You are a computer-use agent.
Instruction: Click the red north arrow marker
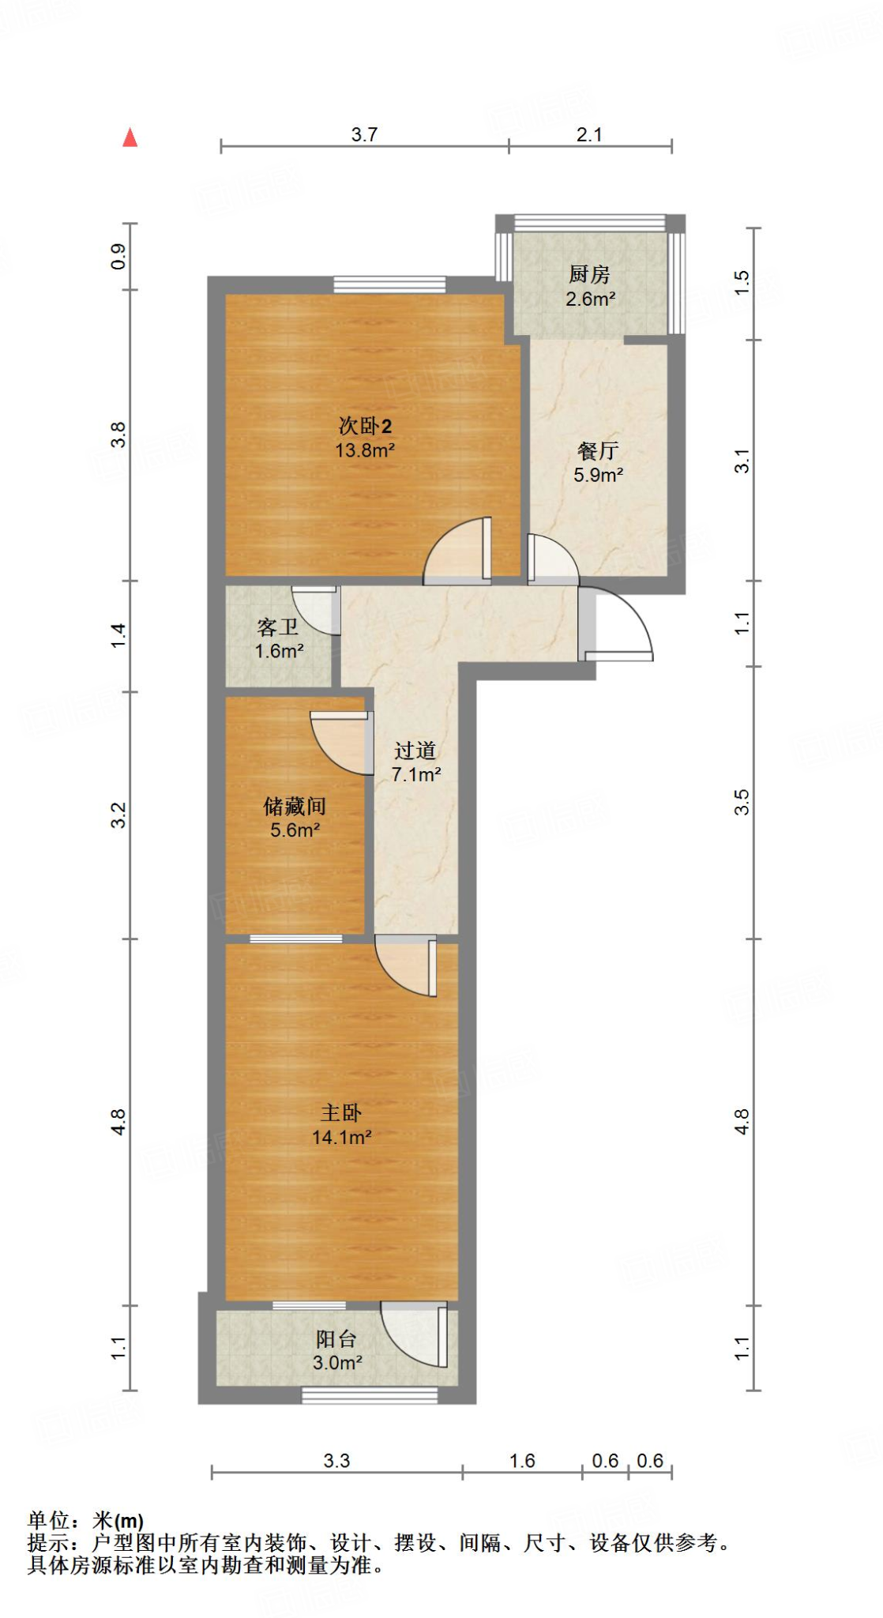[x=130, y=138]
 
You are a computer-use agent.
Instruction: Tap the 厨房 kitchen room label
[x=589, y=274]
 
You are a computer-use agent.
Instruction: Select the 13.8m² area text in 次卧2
[x=364, y=450]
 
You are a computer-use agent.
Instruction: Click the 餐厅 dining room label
[x=598, y=451]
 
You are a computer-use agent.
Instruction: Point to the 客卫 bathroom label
[x=278, y=627]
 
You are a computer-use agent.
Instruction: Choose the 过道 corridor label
[x=415, y=751]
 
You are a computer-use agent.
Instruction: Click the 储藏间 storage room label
[x=295, y=806]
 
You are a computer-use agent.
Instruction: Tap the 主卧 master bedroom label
[x=340, y=1113]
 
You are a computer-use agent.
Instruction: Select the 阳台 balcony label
[x=336, y=1339]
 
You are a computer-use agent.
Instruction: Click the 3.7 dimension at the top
[x=364, y=135]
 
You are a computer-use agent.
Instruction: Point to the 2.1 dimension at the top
[x=589, y=135]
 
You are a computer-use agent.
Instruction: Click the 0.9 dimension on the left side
[x=118, y=257]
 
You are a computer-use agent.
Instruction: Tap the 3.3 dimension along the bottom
[x=336, y=1461]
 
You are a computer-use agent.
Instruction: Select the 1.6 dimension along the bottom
[x=522, y=1461]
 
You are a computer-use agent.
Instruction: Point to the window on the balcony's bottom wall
[x=370, y=1396]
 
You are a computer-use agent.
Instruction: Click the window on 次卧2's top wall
[x=389, y=284]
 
